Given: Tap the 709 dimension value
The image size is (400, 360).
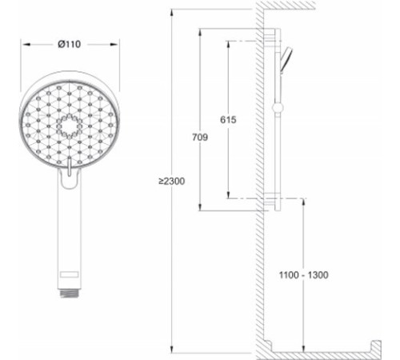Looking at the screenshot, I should [x=200, y=138].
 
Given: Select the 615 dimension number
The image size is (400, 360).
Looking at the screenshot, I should [x=228, y=119].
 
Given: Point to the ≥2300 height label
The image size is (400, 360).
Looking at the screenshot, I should [x=171, y=182].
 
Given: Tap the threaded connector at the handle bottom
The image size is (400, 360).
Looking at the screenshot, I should [x=69, y=291].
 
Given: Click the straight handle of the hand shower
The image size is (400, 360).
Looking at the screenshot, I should [x=69, y=232].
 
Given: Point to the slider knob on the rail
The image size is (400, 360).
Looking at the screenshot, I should [x=277, y=106].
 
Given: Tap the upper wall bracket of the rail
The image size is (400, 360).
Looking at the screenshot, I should [x=274, y=39].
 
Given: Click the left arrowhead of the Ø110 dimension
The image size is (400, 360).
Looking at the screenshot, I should [x=24, y=44].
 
